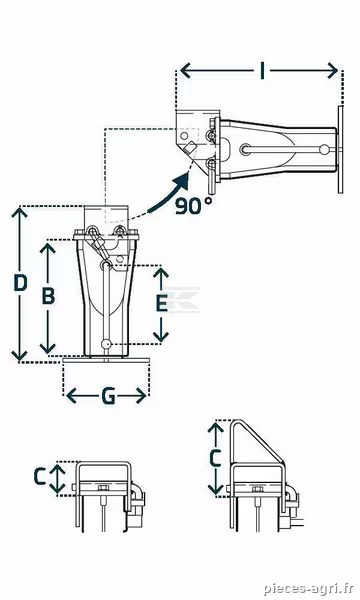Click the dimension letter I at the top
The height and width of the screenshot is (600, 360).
coord(262,71)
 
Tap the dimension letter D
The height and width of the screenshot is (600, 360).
coord(20,283)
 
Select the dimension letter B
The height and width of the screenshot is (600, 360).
coord(48,296)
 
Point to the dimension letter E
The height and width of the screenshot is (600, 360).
coord(162,303)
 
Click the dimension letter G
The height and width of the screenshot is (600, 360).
coord(109,396)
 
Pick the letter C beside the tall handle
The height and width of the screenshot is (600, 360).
coord(215,458)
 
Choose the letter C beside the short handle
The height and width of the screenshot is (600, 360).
coord(41,476)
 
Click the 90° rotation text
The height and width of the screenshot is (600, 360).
coord(193,206)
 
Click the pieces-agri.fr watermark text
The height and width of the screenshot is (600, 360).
coord(308,588)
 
